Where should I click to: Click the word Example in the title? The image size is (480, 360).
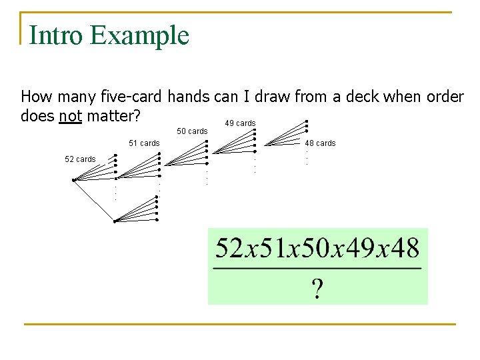coord(140,35)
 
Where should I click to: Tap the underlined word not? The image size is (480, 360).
coord(70,116)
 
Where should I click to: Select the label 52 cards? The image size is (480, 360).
coord(80,159)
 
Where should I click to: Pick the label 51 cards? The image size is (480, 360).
coord(144,143)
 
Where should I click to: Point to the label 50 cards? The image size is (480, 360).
coord(192,131)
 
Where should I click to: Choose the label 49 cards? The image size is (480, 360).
coord(240,123)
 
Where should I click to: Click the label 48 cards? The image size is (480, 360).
coord(320,143)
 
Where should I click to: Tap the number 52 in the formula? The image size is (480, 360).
coord(229,249)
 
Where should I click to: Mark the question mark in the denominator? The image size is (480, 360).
coord(317,289)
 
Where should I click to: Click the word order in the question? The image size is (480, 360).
coord(443,97)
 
